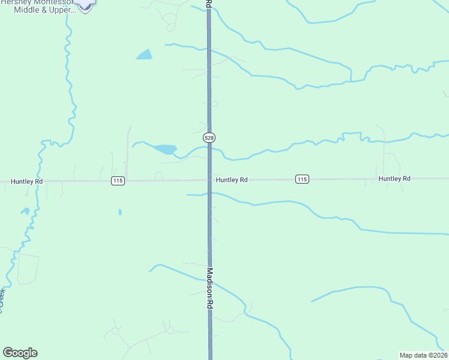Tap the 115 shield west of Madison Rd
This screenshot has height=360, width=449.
point(118,181)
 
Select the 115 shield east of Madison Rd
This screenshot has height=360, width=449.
point(302,179)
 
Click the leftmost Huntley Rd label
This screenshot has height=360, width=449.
point(27,181)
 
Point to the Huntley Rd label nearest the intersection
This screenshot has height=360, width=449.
point(232,179)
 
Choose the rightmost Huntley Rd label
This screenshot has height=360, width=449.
point(394,179)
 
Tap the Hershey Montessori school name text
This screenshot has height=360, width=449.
point(38,2)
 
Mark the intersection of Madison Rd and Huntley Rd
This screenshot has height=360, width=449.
point(209,179)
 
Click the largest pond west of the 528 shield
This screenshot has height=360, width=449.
point(164,149)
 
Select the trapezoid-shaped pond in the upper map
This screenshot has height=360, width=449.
point(144,55)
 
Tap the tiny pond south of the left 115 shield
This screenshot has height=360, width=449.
point(120,212)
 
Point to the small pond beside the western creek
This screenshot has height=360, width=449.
point(25,211)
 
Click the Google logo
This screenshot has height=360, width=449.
point(20,353)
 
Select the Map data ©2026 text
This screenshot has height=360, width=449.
point(423,355)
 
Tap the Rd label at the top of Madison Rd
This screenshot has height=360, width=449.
point(208,4)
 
